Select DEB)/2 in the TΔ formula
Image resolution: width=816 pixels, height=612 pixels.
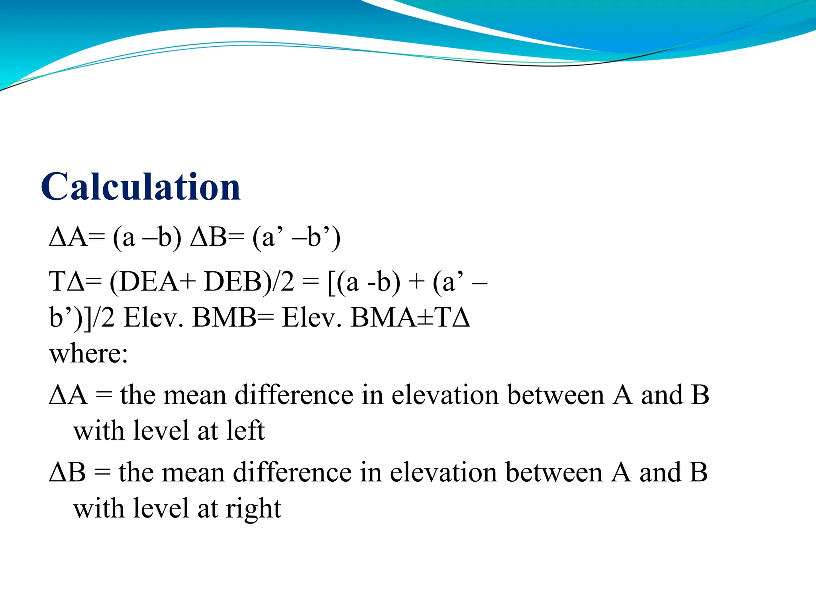[249, 282]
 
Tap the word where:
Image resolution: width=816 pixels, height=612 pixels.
[88, 353]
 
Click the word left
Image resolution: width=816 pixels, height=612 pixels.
[245, 431]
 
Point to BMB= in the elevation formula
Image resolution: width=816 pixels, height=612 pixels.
[231, 318]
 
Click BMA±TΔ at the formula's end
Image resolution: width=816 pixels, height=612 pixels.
[410, 318]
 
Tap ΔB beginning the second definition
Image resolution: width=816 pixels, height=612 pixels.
[67, 472]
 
